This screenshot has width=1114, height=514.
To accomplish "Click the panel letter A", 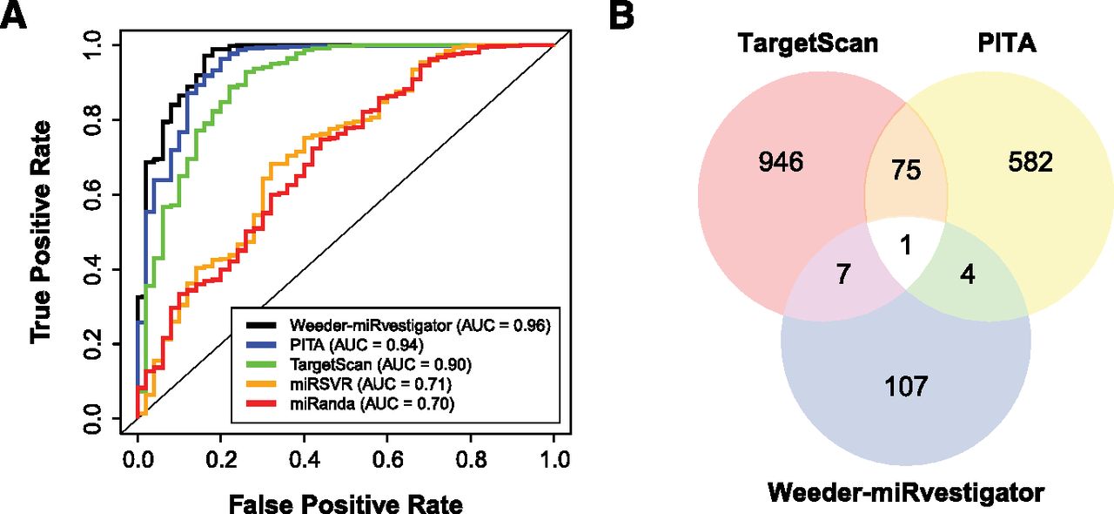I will [21, 18].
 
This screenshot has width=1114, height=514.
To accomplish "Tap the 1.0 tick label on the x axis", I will [554, 457].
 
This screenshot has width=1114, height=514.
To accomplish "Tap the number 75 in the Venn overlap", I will [906, 170].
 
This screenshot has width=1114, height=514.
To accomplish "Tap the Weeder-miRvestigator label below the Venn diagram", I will [906, 493].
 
